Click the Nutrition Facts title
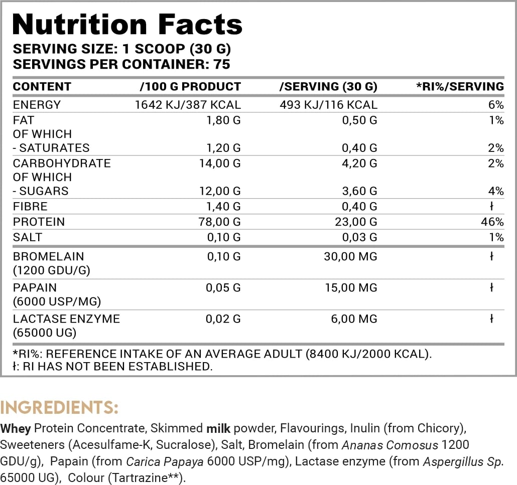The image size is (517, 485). [127, 24]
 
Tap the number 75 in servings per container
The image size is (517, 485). [221, 64]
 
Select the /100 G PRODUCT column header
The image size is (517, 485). [190, 87]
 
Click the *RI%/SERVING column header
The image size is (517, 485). [460, 87]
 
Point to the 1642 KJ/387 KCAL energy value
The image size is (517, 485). [188, 105]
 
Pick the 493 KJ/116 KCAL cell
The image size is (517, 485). [328, 105]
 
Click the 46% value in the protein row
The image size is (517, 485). [494, 222]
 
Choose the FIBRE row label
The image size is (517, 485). [30, 206]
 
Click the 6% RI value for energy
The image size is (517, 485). [496, 105]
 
